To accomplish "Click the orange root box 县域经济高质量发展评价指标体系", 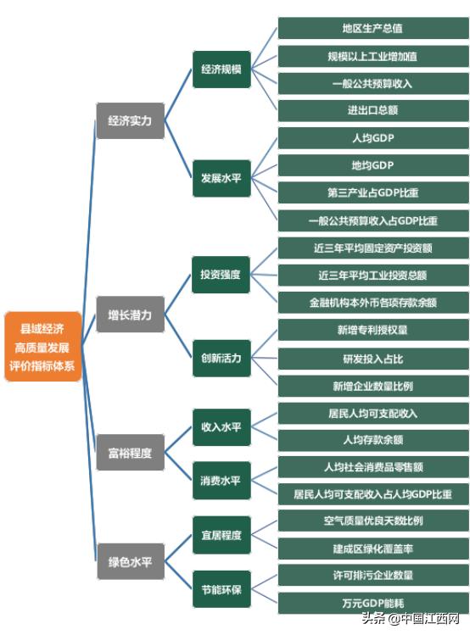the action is click(x=43, y=347).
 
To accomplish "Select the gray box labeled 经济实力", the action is click(x=130, y=120).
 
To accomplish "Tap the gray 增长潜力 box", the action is click(x=130, y=315).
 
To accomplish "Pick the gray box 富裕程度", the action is click(x=130, y=453).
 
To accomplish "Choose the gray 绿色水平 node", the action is click(x=131, y=561).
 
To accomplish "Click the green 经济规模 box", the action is click(x=221, y=70).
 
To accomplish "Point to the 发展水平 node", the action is click(x=221, y=178).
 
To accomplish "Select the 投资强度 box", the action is click(x=221, y=275).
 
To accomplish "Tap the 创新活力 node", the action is click(x=221, y=359).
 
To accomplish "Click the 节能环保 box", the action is click(x=221, y=589).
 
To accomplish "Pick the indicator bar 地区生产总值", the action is click(x=373, y=28).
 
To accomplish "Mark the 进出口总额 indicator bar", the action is click(x=373, y=110).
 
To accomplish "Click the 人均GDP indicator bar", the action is click(x=373, y=138).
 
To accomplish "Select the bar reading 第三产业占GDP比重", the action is click(x=373, y=192).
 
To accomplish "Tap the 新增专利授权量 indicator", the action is click(x=373, y=330).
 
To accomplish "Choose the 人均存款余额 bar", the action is click(x=373, y=440).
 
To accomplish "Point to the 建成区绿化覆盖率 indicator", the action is click(x=373, y=549).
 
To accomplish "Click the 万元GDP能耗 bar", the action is click(x=373, y=604).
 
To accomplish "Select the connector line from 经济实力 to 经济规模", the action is click(x=178, y=95).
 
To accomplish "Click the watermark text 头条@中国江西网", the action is click(x=411, y=618).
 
